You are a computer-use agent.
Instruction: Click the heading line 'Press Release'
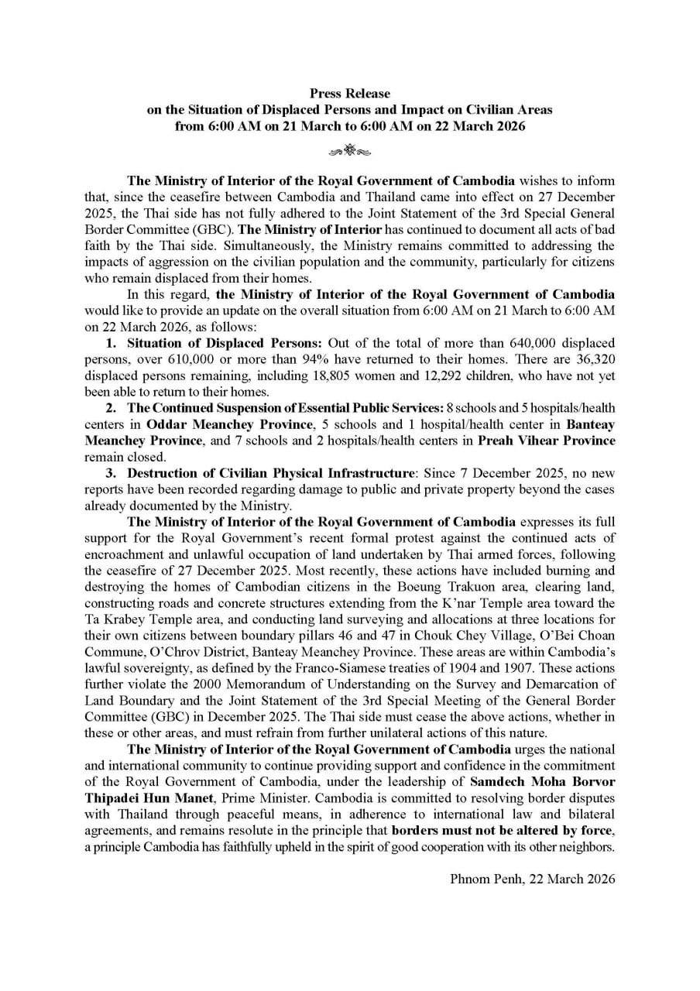tap(350, 94)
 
